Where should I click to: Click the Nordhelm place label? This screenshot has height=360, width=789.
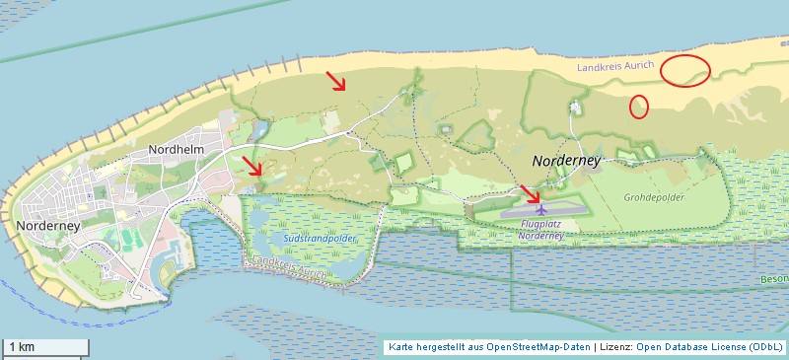[x=176, y=149]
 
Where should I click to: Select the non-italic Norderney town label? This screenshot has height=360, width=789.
[x=48, y=225]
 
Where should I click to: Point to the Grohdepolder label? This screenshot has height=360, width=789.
[x=653, y=196]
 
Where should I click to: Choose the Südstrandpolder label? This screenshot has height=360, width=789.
[x=319, y=239]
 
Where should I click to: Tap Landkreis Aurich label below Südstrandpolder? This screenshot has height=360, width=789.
[x=288, y=265]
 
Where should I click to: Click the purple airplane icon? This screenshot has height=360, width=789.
[x=540, y=209]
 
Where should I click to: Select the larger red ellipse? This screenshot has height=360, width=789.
[x=684, y=70]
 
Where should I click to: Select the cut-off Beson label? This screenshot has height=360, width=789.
[x=774, y=279]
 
